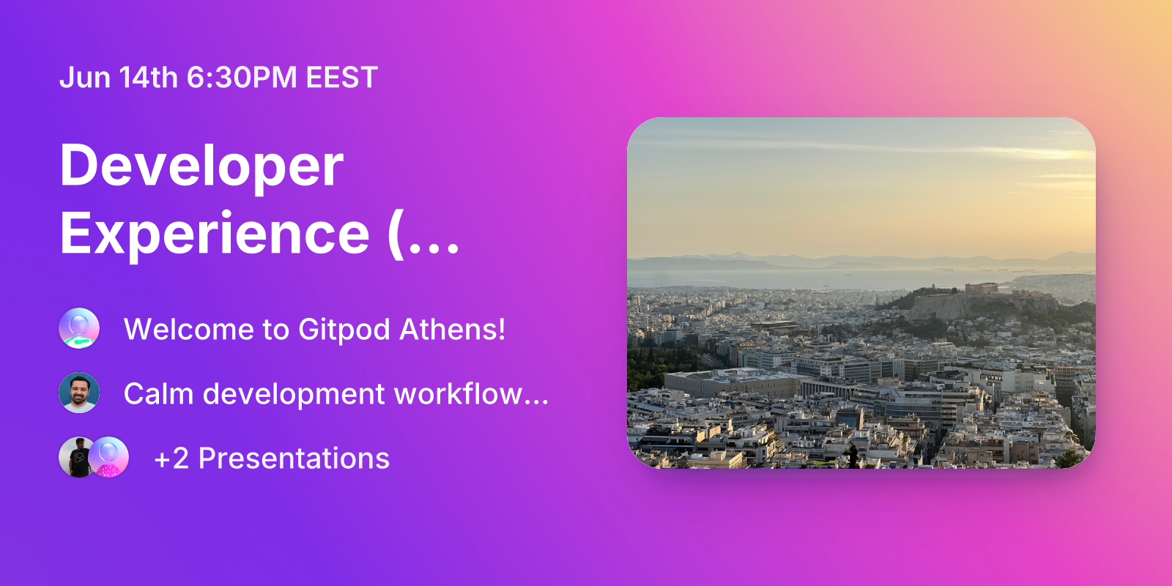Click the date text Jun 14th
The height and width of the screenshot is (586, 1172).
[x=119, y=78]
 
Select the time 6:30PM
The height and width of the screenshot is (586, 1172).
[x=242, y=78]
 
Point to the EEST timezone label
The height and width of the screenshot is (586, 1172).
[x=341, y=78]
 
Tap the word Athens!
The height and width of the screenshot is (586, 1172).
[x=453, y=330]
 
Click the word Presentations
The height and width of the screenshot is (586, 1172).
[x=294, y=459]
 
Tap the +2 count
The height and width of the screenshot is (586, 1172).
[x=171, y=459]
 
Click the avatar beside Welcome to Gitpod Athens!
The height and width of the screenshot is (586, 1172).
[x=79, y=328]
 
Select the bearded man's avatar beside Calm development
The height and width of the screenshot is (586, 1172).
[x=79, y=393]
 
